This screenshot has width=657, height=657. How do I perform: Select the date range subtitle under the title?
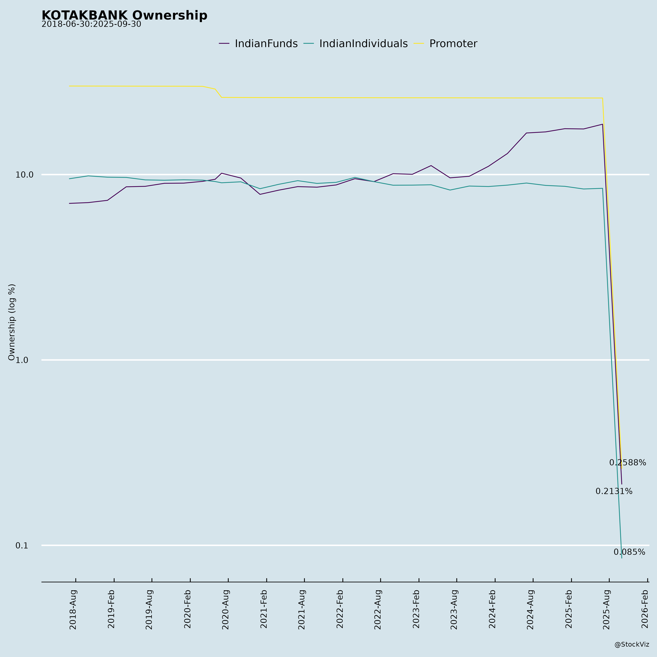pos(91,24)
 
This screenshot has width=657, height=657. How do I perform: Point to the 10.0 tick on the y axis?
pos(24,175)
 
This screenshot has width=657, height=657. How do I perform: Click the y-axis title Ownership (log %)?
pos(12,322)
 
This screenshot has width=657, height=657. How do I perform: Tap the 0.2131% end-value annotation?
pos(614,491)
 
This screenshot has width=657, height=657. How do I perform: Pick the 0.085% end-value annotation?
pos(629,552)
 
